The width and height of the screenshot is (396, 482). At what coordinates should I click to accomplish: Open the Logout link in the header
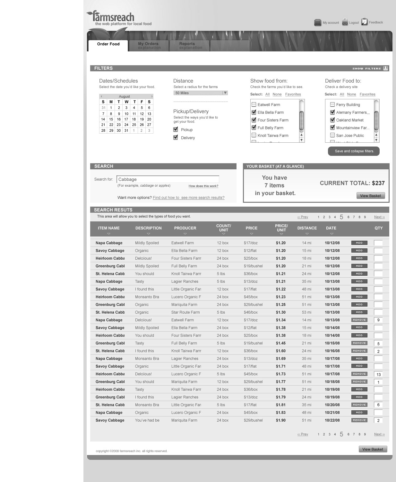tap(354, 22)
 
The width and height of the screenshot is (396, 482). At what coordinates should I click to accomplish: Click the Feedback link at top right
tap(375, 22)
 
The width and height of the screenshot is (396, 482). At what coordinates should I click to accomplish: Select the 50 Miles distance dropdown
tap(201, 93)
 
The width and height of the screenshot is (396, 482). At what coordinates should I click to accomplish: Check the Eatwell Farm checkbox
tap(254, 104)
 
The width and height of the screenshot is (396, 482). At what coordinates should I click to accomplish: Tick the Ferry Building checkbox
tap(332, 104)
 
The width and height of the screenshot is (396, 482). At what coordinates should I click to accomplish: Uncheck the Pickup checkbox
tap(176, 129)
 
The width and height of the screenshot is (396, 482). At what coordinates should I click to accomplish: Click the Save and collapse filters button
tap(354, 151)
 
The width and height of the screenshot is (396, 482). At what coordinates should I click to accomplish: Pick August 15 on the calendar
tap(111, 119)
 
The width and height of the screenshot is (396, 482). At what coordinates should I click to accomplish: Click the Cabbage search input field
tap(168, 179)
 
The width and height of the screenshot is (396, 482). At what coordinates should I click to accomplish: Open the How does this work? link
tap(203, 186)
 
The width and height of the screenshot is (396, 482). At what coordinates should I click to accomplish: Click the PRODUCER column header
tap(185, 228)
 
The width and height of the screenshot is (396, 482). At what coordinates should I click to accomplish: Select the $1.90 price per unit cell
tap(280, 420)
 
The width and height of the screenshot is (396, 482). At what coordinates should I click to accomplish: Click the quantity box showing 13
tap(378, 374)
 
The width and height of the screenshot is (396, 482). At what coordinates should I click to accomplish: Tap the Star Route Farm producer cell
tap(185, 312)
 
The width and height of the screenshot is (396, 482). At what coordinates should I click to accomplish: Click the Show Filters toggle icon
tap(385, 68)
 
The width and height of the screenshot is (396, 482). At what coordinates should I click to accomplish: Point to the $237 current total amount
tap(378, 183)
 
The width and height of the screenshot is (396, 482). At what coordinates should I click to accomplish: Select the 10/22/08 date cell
tap(332, 420)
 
